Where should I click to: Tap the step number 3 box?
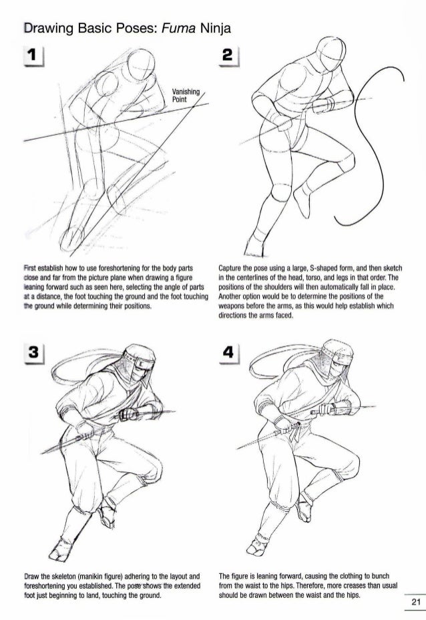pos(33,353)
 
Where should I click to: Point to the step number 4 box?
pos(228,353)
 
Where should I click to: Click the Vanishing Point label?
pos(186,96)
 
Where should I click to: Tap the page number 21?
pos(416,603)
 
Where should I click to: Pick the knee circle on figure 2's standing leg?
pos(279,193)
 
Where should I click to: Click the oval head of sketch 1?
pos(140,65)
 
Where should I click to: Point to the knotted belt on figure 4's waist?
pos(294,431)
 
